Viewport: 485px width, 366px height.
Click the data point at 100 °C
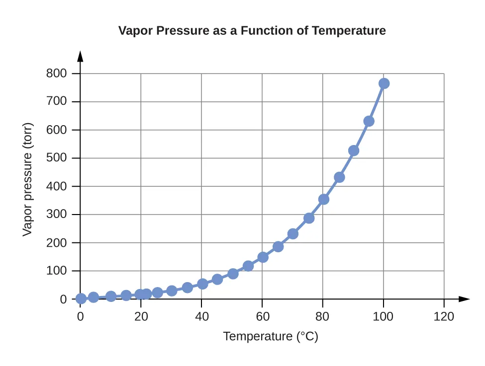pos(384,83)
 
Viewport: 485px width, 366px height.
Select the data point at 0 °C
pos(81,299)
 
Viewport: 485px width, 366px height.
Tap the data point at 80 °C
pos(323,199)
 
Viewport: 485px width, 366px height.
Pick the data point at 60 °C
pos(263,257)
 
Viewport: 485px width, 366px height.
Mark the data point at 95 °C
pos(369,121)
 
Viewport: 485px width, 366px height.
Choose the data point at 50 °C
pos(233,274)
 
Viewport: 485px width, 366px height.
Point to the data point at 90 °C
pos(354,150)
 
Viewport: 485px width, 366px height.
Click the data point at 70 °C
pos(293,233)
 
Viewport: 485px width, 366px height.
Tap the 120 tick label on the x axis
pos(444,316)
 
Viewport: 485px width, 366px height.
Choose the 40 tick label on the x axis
pos(201,316)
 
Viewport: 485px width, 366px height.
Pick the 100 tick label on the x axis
pos(384,316)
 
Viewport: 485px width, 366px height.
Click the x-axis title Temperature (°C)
pos(270,337)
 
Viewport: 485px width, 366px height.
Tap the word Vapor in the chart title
pos(135,31)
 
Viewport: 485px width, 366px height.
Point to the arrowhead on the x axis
pos(464,299)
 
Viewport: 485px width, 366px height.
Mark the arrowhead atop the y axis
pos(81,55)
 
